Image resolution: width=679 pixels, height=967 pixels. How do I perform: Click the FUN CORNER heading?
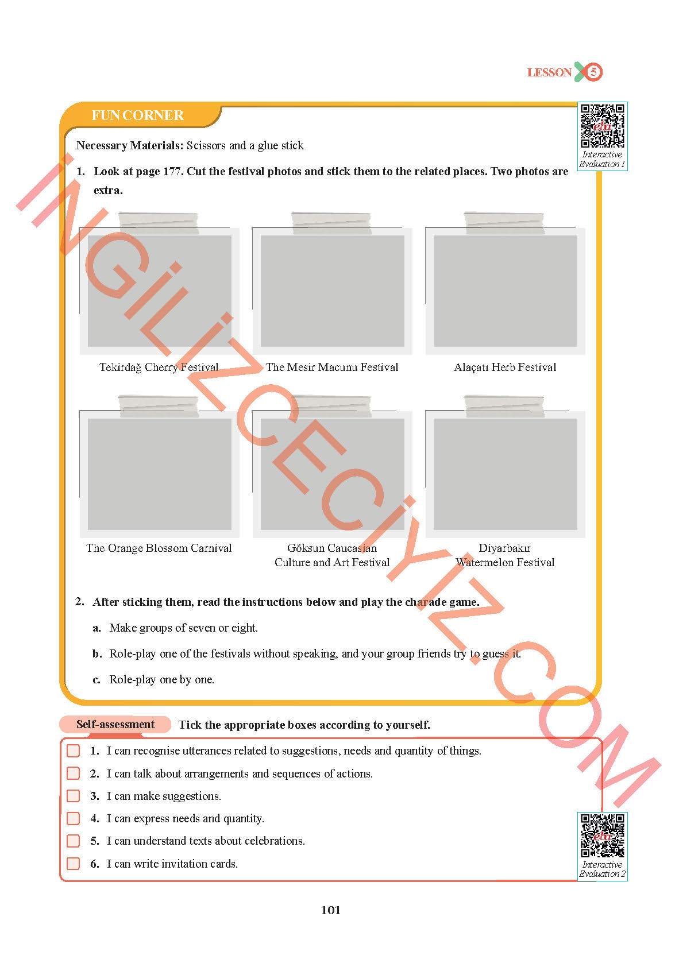click(x=137, y=115)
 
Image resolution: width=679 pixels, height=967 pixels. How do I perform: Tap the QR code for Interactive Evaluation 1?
click(x=602, y=126)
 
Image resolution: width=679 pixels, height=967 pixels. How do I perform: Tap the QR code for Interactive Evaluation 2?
click(x=602, y=836)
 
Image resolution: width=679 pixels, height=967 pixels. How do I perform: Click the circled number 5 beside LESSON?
click(x=593, y=72)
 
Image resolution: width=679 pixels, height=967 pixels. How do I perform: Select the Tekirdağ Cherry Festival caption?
click(x=159, y=368)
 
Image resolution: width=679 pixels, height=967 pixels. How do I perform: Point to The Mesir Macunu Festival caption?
click(x=332, y=368)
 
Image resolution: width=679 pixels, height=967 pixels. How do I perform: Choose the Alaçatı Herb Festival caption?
click(x=505, y=368)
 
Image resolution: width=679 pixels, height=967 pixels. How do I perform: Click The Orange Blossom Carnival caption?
click(x=159, y=548)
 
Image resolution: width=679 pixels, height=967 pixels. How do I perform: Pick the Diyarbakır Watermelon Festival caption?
click(x=505, y=555)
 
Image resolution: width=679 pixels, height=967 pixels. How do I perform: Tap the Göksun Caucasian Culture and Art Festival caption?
click(x=332, y=555)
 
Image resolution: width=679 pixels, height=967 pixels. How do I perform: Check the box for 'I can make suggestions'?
click(x=74, y=796)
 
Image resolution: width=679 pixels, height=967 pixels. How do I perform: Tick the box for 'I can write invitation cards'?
click(x=74, y=864)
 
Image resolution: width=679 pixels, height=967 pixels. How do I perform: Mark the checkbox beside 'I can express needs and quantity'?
click(x=74, y=818)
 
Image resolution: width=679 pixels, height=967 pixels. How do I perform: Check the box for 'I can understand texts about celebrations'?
click(x=74, y=841)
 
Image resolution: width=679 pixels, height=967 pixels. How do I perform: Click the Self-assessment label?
click(x=115, y=725)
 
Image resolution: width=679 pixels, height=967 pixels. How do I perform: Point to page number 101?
click(x=331, y=910)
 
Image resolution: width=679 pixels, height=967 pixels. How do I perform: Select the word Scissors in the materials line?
click(x=206, y=146)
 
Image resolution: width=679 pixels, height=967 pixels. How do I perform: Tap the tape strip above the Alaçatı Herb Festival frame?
click(x=504, y=223)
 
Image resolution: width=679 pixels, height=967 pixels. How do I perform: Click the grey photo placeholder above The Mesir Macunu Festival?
click(x=333, y=291)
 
